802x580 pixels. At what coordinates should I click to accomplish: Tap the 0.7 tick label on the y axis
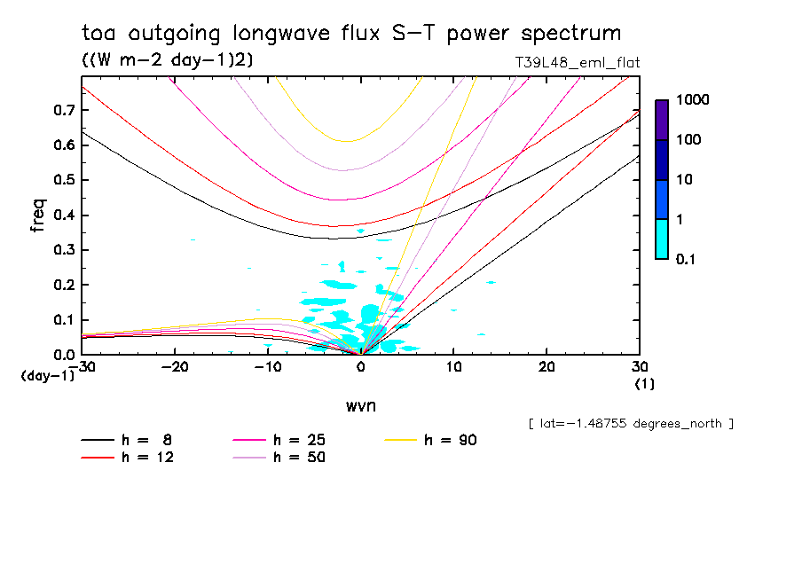pos(64,110)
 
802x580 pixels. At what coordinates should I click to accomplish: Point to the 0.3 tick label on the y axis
pos(64,250)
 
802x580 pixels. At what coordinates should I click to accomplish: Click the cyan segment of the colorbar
pos(662,239)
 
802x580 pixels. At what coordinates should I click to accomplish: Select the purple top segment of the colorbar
pos(662,119)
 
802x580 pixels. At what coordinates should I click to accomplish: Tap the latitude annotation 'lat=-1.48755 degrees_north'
pos(631,423)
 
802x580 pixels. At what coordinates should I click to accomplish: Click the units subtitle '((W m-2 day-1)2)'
pos(163,59)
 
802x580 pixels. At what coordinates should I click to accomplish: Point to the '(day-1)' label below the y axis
pos(47,376)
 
